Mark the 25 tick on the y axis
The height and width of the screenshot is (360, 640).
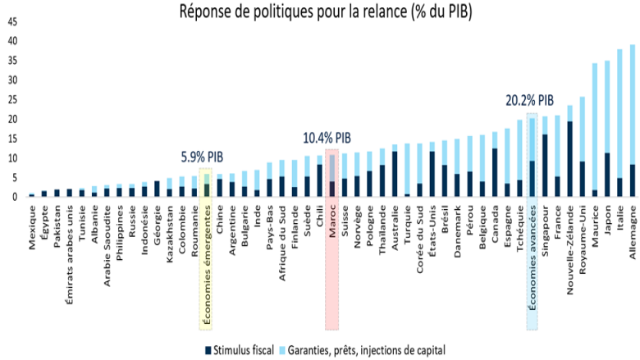point(11,99)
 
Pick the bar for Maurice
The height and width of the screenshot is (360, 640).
point(594,130)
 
